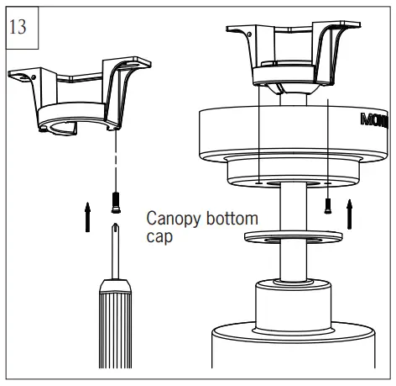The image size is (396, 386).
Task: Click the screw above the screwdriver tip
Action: coord(114,200)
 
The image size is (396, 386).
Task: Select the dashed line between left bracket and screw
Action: coord(114,164)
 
